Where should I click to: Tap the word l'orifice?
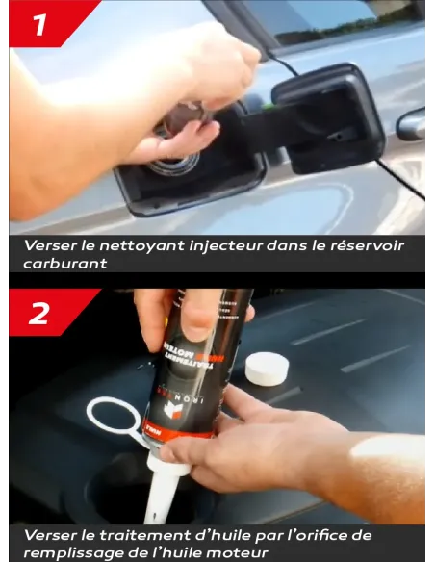(310, 535)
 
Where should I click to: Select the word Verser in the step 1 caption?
(48, 245)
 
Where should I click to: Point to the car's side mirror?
(411, 123)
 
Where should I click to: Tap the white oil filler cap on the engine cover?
(268, 368)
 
